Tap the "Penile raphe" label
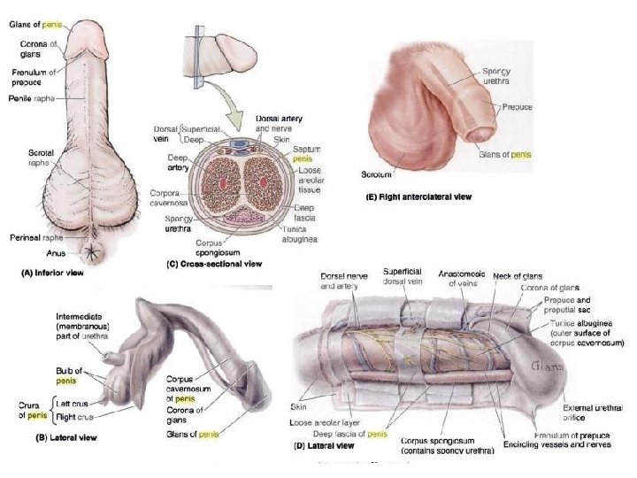click(x=33, y=97)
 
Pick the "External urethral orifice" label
click(x=594, y=412)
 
